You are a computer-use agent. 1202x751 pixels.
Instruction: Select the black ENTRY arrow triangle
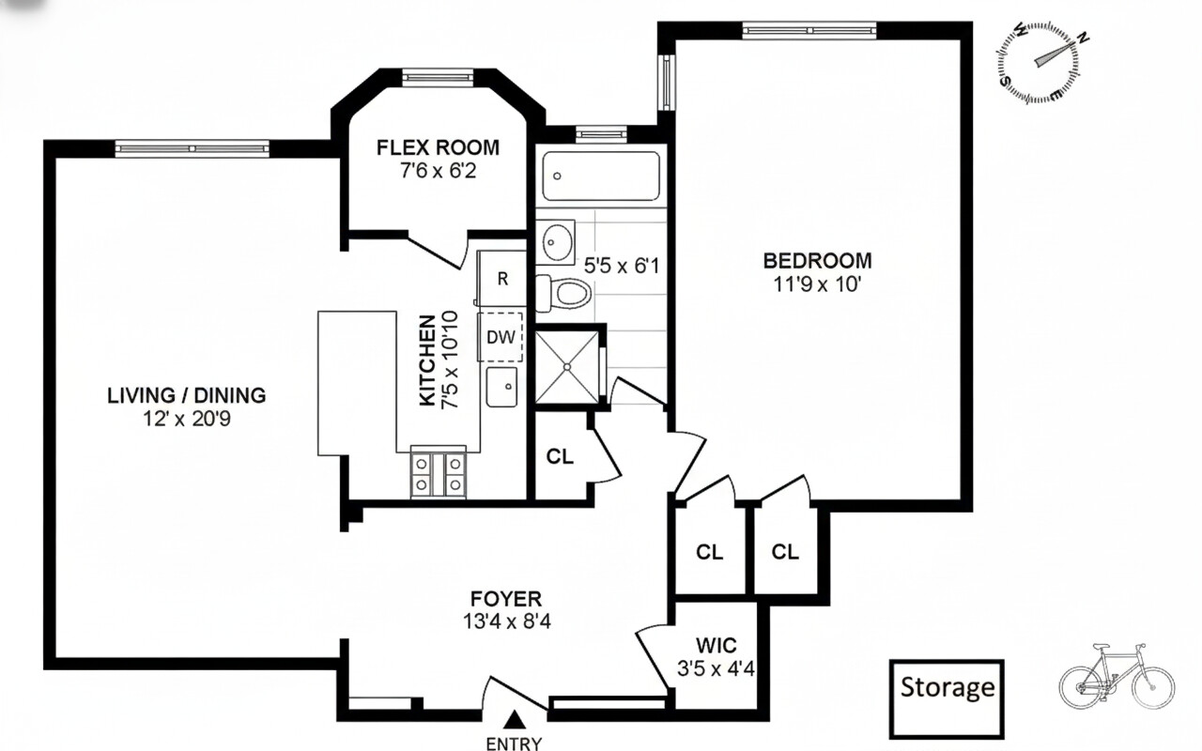tap(514, 720)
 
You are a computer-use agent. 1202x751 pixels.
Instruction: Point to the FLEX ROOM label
tap(438, 148)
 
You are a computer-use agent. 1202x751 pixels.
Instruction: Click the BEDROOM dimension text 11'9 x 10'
tap(817, 284)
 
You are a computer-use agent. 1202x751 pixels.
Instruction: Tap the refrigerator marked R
tap(502, 279)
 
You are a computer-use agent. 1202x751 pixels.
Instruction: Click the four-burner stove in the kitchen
tap(439, 474)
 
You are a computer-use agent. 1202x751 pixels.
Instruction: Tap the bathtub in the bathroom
tap(600, 176)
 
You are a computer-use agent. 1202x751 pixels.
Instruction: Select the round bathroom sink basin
tap(561, 242)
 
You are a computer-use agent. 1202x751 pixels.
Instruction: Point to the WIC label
tap(716, 645)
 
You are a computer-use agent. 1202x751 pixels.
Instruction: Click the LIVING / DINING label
tap(186, 395)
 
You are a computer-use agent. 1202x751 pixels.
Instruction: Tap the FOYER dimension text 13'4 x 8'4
tap(505, 621)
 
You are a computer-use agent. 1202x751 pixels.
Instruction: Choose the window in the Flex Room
tap(437, 77)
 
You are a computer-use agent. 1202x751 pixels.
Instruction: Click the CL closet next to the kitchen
tap(560, 457)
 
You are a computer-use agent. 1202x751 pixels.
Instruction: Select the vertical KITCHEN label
tap(427, 360)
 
